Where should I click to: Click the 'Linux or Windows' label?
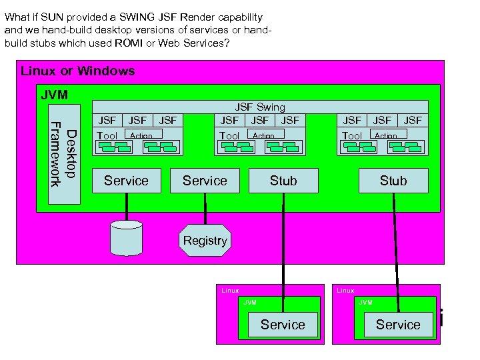[x=77, y=71]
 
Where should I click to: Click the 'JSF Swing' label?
[x=259, y=107]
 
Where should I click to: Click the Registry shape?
[x=205, y=241]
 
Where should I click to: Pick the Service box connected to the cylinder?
[x=126, y=181]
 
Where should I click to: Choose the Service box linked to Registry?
[x=205, y=181]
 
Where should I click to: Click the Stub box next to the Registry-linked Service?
[x=283, y=181]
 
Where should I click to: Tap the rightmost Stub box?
[x=393, y=181]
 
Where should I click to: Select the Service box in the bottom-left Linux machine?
[x=283, y=325]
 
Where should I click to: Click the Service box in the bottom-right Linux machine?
[x=398, y=325]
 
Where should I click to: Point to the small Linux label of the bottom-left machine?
[x=230, y=291]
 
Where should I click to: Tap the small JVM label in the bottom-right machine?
[x=365, y=303]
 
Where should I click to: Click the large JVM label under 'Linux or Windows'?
[x=54, y=95]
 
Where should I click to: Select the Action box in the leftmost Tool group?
[x=141, y=135]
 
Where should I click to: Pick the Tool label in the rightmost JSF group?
[x=351, y=136]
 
